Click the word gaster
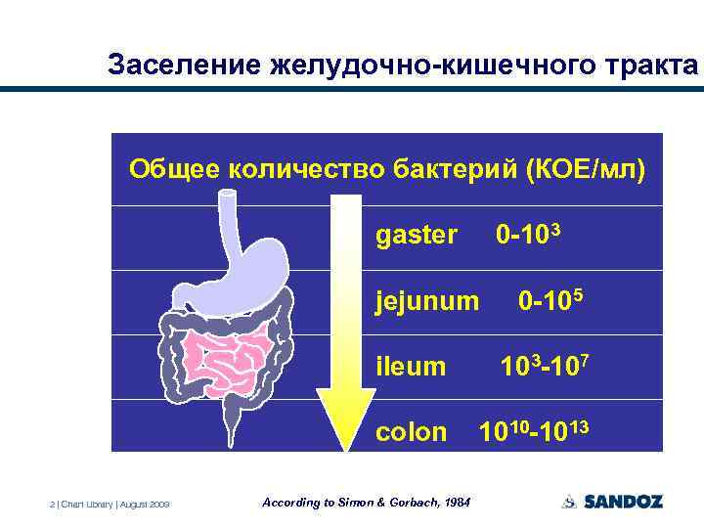[x=416, y=236]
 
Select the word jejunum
[x=427, y=301]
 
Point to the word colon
[x=412, y=432]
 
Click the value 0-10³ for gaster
[x=528, y=235]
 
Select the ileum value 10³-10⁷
[x=546, y=367]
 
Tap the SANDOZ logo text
[x=623, y=502]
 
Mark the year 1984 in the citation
[x=456, y=503]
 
